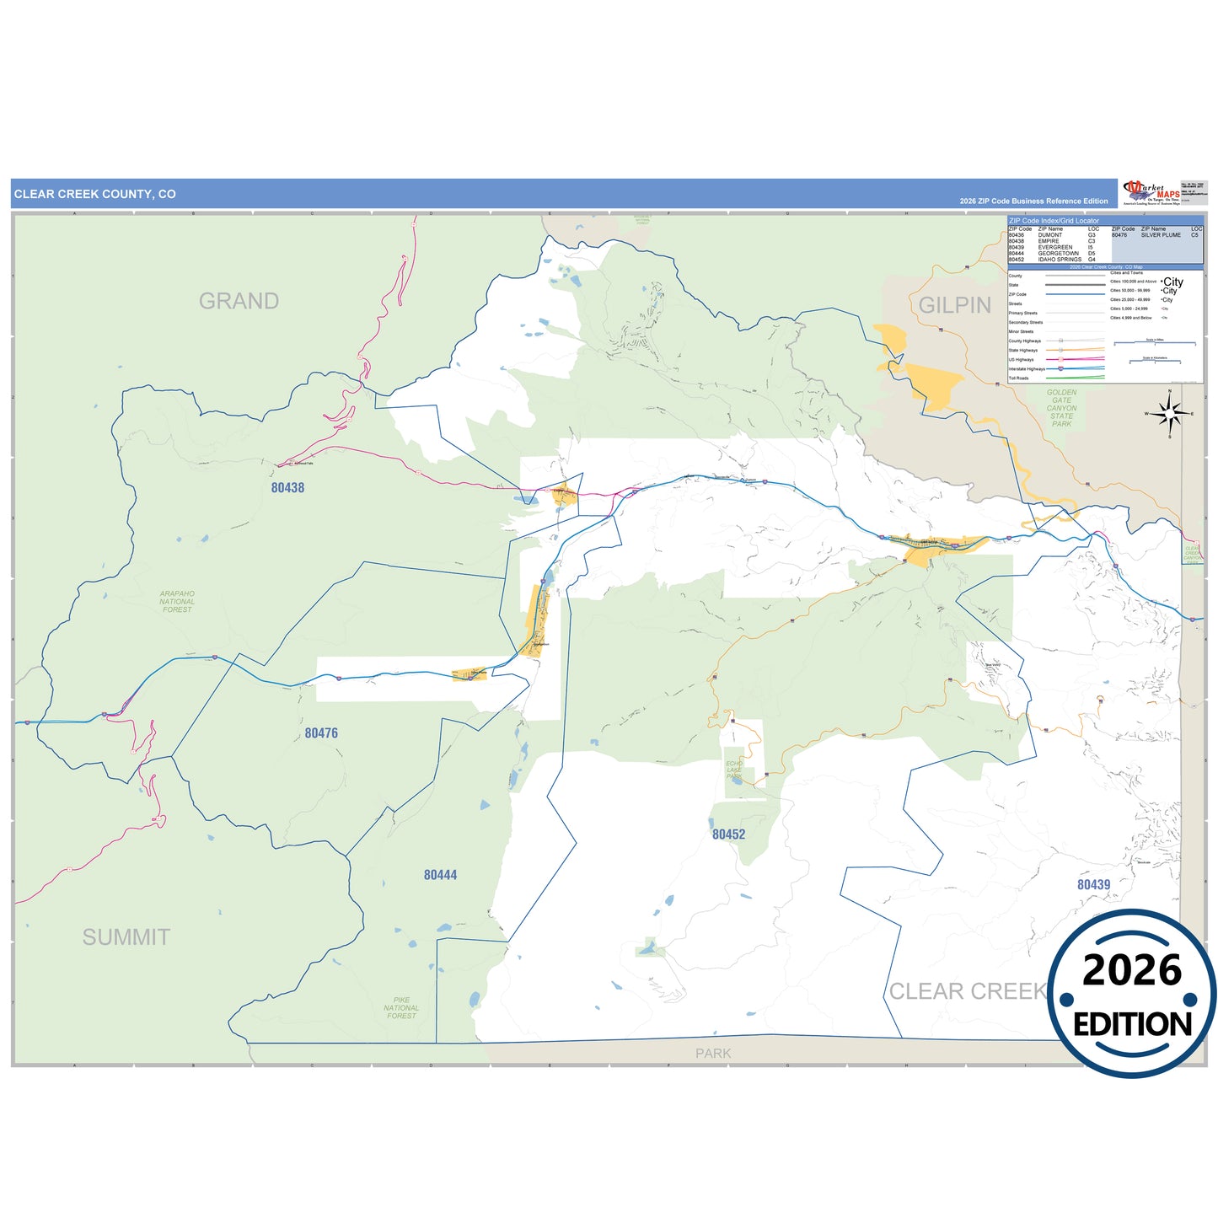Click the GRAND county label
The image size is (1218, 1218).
239,301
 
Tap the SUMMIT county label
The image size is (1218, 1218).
126,936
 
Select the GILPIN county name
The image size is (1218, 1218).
954,305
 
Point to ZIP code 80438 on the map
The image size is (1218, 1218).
287,488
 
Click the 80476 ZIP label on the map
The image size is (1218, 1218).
321,733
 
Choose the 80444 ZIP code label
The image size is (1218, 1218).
440,875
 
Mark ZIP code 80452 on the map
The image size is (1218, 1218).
728,834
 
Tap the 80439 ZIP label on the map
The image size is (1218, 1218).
1093,884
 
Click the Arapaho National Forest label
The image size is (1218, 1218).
177,601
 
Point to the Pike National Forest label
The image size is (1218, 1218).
401,1008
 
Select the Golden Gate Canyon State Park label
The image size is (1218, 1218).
1061,408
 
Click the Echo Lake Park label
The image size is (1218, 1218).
734,770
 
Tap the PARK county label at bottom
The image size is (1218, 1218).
713,1054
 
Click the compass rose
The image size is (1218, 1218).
1168,414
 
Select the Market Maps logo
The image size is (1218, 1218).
1151,192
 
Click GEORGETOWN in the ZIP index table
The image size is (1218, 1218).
1058,254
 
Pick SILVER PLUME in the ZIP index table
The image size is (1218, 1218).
1161,235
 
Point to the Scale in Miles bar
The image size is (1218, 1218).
1154,343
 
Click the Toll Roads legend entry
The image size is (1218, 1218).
1018,378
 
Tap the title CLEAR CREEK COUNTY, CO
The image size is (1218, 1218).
94,194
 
